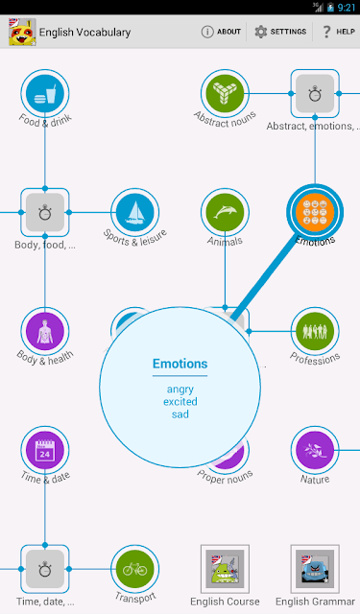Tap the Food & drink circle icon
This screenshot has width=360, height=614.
45,94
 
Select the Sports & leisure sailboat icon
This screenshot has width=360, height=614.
135,213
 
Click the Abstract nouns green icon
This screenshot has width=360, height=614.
225,94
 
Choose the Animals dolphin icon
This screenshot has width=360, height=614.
225,213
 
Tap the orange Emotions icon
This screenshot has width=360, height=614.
315,213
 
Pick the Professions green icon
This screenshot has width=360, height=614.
315,331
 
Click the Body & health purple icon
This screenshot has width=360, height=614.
45,331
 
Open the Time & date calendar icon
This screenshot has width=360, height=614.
45,450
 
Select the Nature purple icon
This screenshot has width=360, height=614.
315,450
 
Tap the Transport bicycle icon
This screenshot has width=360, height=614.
135,569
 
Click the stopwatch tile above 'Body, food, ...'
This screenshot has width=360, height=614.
45,213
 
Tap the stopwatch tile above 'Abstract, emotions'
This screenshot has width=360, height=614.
315,94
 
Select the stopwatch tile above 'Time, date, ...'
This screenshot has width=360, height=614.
45,569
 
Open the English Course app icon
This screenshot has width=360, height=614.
225,569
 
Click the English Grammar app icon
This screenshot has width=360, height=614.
315,569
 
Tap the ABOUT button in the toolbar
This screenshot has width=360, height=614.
221,32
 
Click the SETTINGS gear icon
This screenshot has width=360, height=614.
260,32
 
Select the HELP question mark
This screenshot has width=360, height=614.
326,32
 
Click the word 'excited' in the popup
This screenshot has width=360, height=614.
180,402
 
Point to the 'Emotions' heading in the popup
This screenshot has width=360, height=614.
180,364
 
